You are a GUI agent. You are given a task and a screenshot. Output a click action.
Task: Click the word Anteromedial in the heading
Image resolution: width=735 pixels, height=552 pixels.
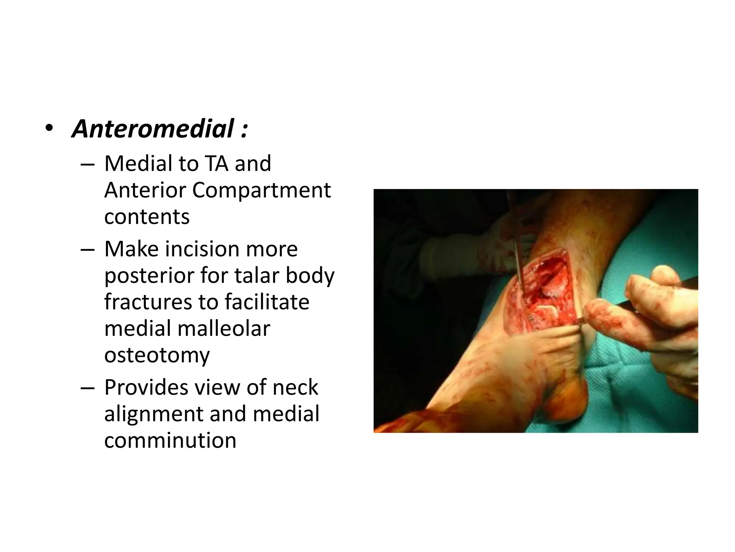pos(153,129)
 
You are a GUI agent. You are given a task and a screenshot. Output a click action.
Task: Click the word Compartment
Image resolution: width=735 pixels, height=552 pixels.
pos(261,190)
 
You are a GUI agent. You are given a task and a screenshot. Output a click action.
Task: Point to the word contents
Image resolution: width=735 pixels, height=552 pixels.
pos(147,217)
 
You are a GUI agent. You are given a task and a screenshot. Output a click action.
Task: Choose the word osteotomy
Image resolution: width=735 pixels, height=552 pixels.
pos(157,356)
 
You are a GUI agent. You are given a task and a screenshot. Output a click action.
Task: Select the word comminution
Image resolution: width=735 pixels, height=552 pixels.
pos(170,441)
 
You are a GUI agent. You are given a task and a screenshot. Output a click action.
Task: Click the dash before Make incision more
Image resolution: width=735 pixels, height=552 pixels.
pos(88,249)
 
